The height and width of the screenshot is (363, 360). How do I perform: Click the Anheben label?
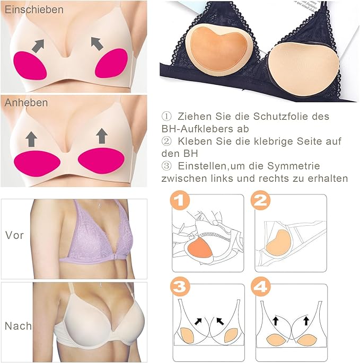[26, 103]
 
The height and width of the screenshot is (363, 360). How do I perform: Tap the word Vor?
[14, 235]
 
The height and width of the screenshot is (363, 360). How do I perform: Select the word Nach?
[18, 326]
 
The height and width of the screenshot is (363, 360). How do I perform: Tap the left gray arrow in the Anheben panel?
[32, 139]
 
